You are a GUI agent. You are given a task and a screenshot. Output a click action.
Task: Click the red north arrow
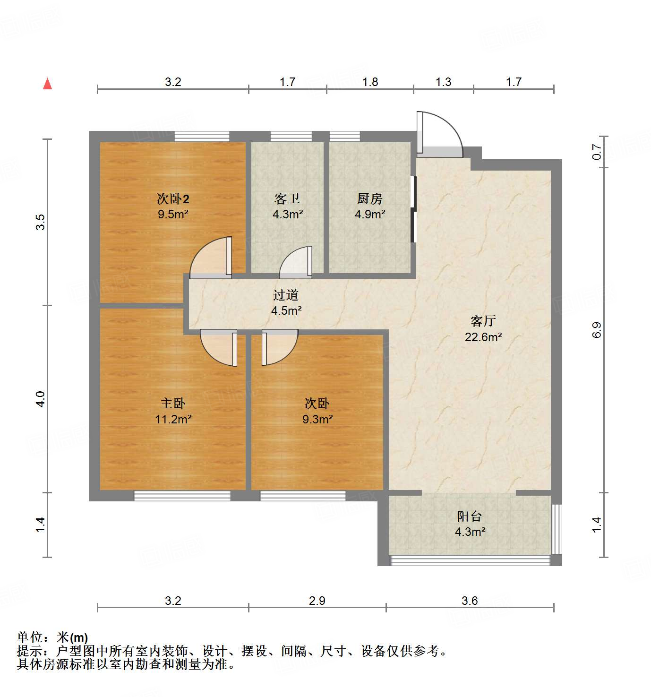click(47, 84)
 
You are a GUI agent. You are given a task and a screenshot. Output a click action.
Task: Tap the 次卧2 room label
click(173, 199)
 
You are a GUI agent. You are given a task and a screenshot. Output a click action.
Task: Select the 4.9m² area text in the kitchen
click(370, 214)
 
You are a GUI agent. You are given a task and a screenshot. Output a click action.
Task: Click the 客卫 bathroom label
click(287, 199)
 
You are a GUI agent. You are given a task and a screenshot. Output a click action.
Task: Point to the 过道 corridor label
click(286, 295)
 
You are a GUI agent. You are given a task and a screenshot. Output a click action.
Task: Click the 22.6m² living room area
click(483, 337)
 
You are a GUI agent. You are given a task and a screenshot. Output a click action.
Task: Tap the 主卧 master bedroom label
click(173, 404)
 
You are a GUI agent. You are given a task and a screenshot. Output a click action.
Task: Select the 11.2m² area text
click(173, 419)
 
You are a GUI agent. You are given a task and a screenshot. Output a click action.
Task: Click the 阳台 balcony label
click(470, 516)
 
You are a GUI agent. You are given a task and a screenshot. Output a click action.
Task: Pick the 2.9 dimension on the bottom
click(317, 601)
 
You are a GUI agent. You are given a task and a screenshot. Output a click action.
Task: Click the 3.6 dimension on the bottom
click(470, 601)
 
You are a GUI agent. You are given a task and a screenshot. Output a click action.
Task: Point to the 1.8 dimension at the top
click(370, 82)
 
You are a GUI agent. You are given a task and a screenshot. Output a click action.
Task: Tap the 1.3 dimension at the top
click(443, 82)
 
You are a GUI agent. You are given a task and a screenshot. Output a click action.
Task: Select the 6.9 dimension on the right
click(597, 330)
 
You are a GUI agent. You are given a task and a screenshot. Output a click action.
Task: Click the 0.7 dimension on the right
click(597, 152)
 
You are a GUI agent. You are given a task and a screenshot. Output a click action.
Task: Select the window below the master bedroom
click(182, 496)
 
